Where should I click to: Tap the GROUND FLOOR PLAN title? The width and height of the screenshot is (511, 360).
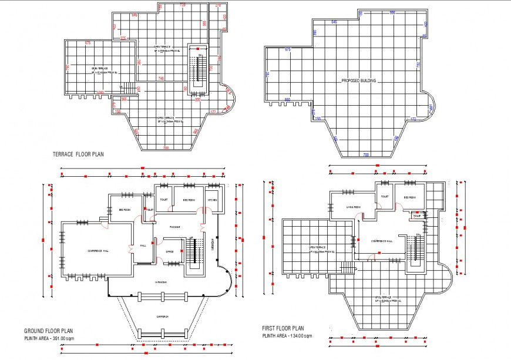pos(48,331)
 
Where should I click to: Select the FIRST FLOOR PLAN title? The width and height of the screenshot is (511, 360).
pos(283,328)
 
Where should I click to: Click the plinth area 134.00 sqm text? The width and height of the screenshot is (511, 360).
pos(287,336)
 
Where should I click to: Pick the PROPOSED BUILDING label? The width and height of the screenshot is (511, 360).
pos(358,80)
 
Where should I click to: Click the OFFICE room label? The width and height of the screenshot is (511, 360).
pos(170,251)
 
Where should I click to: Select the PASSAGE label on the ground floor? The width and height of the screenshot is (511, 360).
pos(175,227)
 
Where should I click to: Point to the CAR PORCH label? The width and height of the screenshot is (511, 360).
pos(163,317)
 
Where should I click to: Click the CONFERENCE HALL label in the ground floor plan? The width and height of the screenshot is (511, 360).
pos(98,251)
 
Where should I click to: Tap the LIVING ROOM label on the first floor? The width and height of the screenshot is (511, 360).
pos(352,207)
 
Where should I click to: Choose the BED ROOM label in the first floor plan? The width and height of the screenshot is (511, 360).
pos(409,197)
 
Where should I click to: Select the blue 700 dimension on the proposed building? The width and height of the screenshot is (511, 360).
pos(365,154)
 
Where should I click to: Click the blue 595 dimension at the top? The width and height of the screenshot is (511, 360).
pos(392,12)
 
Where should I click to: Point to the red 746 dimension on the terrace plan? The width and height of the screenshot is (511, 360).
pos(161,78)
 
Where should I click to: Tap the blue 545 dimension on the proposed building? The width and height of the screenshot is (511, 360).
pos(334,22)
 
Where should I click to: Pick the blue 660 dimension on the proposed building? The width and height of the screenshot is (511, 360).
pos(287,99)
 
